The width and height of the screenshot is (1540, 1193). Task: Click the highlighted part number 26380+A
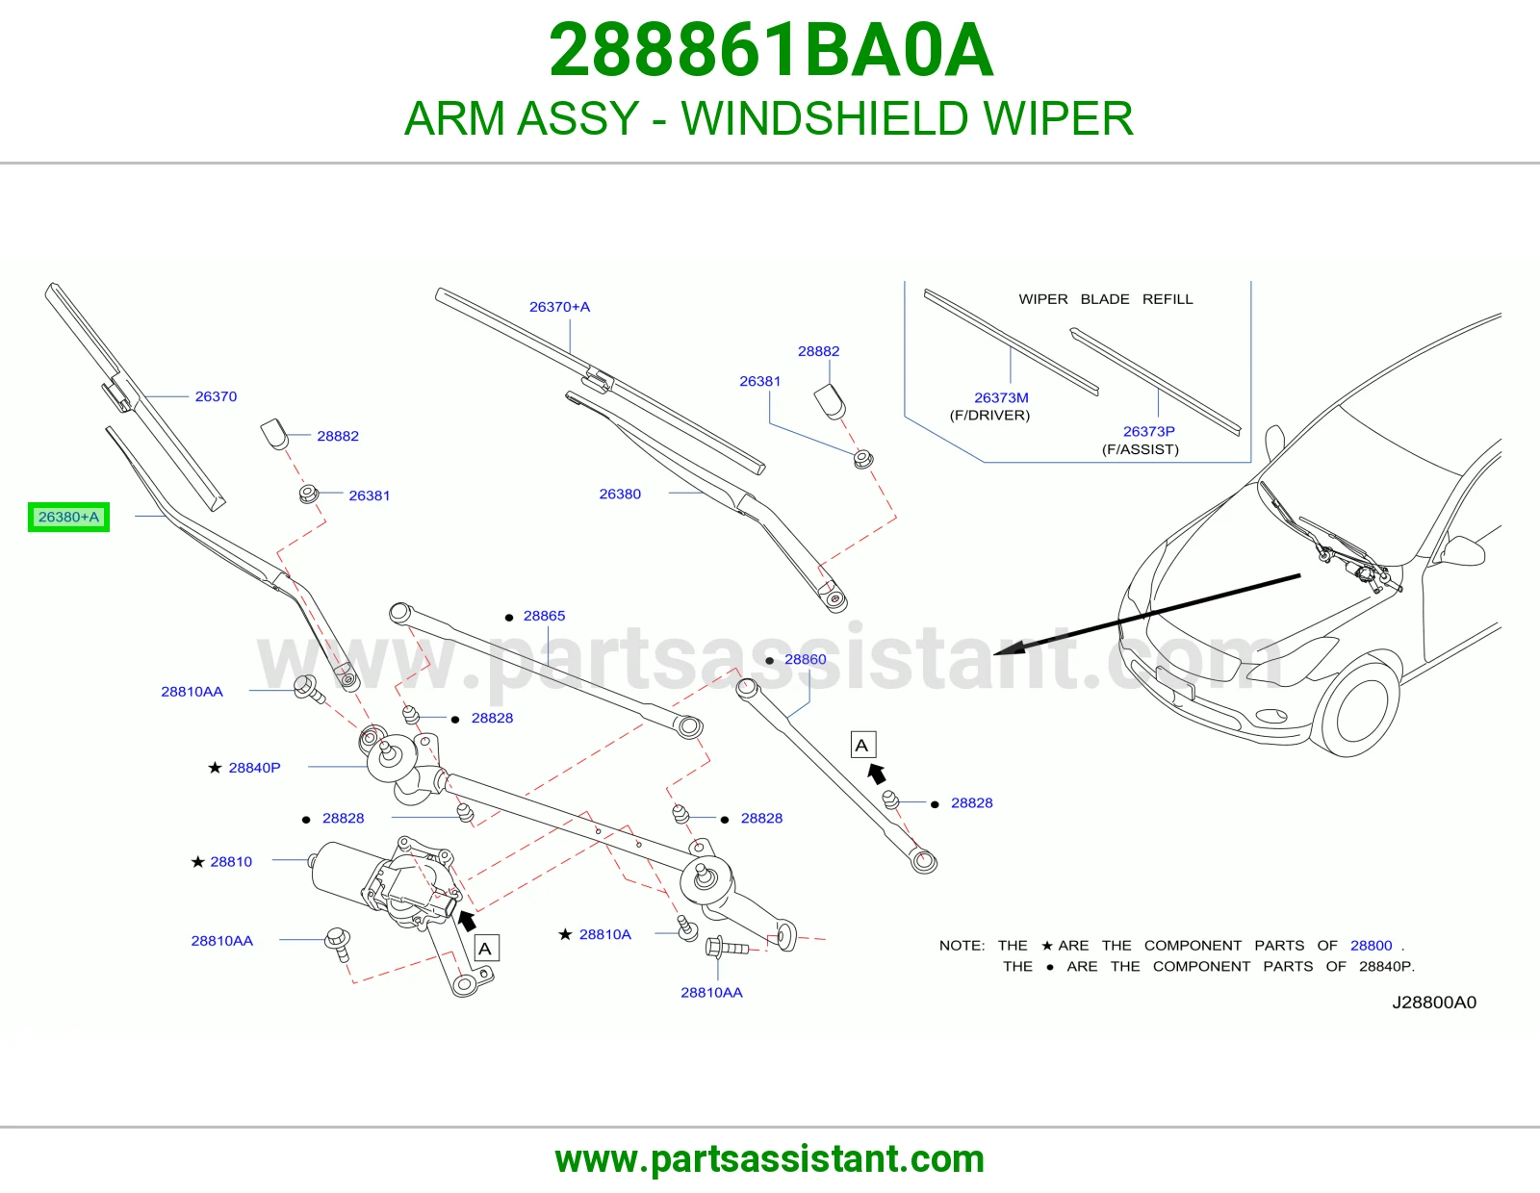coord(68,518)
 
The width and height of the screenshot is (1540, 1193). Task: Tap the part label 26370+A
coord(559,307)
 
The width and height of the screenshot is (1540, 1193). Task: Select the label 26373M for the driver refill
coord(1001,397)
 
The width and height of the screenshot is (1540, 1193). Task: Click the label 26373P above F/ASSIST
coord(1149,431)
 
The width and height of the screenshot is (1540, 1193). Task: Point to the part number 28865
coord(544,616)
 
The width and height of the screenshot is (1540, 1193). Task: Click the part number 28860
coord(805,659)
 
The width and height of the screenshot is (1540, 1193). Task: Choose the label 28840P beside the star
coord(254,767)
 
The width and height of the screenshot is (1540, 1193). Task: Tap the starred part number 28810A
coord(605,933)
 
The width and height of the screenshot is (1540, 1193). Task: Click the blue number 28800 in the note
coord(1371,945)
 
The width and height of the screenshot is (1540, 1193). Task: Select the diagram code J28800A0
coord(1434,1002)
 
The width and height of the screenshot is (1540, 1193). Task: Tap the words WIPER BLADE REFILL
coord(1106,299)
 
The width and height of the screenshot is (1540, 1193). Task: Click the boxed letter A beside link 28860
coord(863,745)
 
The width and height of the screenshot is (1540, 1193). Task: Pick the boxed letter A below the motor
coord(485,948)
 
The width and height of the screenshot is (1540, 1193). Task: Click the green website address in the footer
coord(770,1159)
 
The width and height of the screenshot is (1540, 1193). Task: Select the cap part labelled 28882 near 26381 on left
coord(275,434)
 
